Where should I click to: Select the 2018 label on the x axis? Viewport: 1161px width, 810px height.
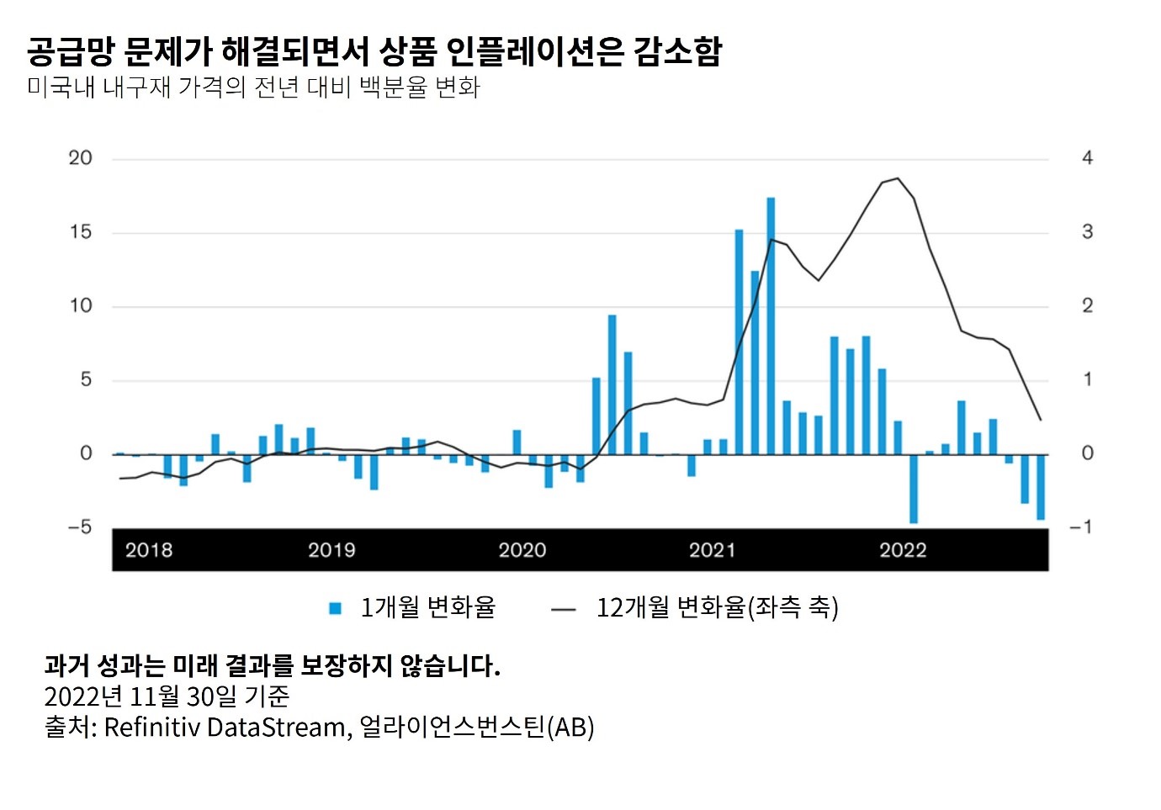click(x=149, y=550)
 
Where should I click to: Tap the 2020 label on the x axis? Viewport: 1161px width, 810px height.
click(x=522, y=550)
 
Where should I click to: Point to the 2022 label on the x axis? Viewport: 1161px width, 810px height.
click(x=903, y=550)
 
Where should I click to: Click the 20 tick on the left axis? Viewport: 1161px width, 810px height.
click(x=81, y=158)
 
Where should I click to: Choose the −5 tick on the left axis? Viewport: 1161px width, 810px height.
click(x=80, y=527)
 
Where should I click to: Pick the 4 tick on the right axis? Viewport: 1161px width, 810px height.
click(x=1087, y=158)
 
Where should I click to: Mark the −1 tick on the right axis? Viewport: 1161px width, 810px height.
click(x=1081, y=527)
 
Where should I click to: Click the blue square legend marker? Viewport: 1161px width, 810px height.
click(x=336, y=608)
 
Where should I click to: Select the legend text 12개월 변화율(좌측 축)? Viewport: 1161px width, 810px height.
click(x=717, y=607)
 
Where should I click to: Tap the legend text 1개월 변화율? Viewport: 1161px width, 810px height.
click(x=427, y=607)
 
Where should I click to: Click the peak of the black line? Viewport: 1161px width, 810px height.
click(x=898, y=178)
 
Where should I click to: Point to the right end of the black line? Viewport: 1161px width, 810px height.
click(x=1041, y=420)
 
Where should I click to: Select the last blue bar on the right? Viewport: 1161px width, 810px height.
click(x=1041, y=487)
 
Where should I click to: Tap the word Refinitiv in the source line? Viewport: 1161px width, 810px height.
click(x=151, y=727)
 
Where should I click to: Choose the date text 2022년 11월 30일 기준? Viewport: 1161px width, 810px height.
click(x=167, y=696)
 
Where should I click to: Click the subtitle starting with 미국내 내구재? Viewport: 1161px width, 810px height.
click(x=253, y=87)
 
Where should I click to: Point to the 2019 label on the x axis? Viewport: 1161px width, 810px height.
click(x=331, y=550)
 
